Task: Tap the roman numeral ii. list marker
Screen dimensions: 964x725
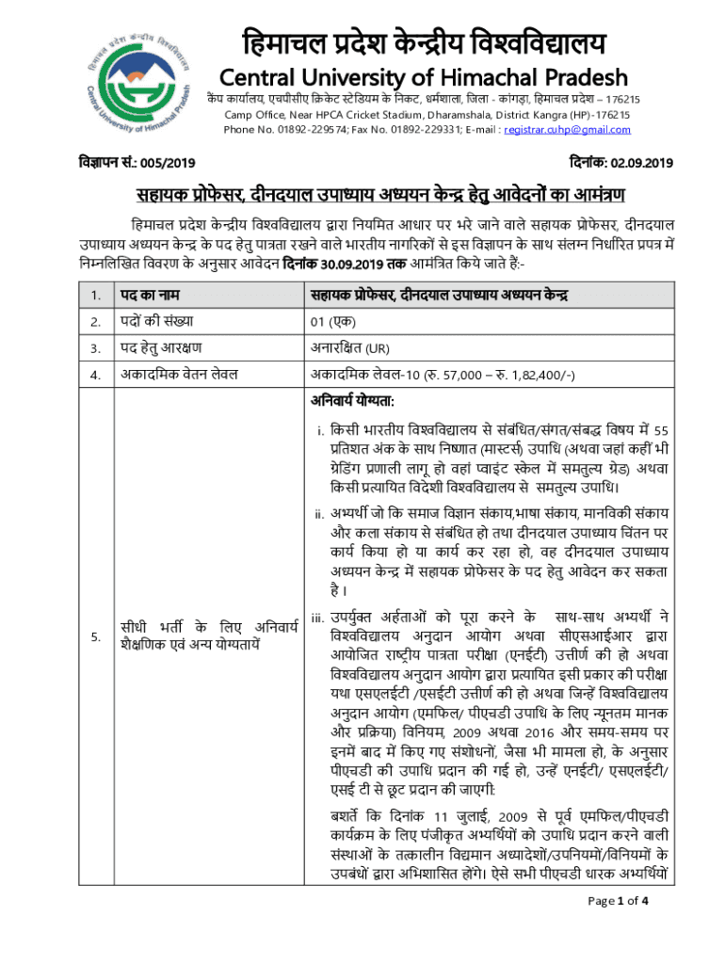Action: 319,514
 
